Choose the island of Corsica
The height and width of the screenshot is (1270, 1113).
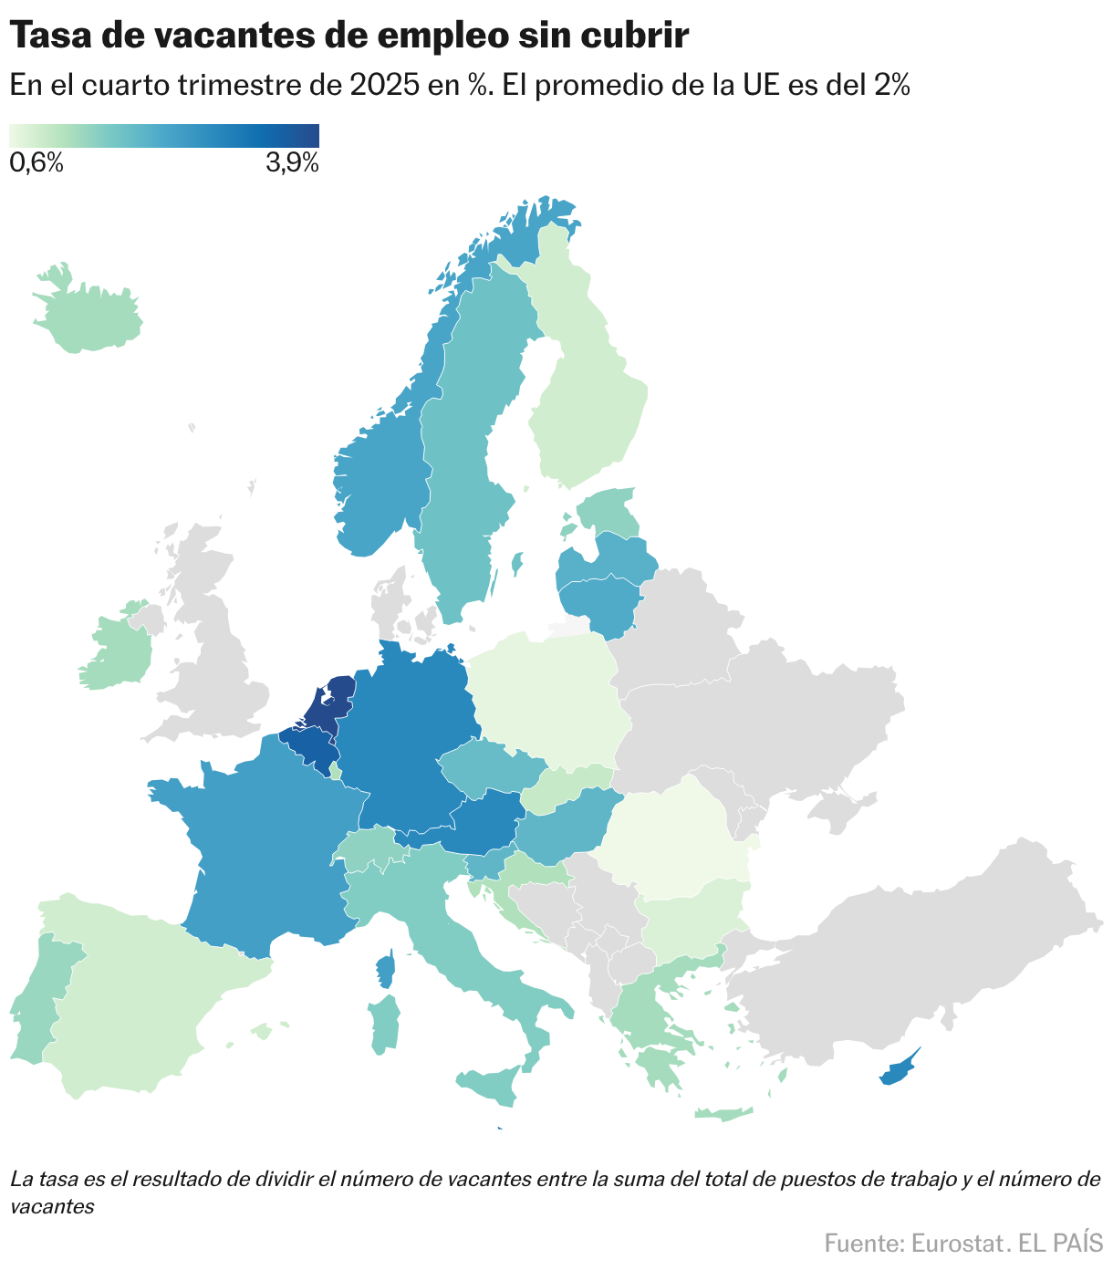tap(386, 969)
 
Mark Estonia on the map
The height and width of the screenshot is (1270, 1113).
tap(609, 513)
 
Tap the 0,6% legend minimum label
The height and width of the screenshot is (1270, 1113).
tap(36, 164)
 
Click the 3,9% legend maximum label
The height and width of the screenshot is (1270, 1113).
tap(292, 164)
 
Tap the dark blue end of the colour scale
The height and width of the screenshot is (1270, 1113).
tap(310, 135)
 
